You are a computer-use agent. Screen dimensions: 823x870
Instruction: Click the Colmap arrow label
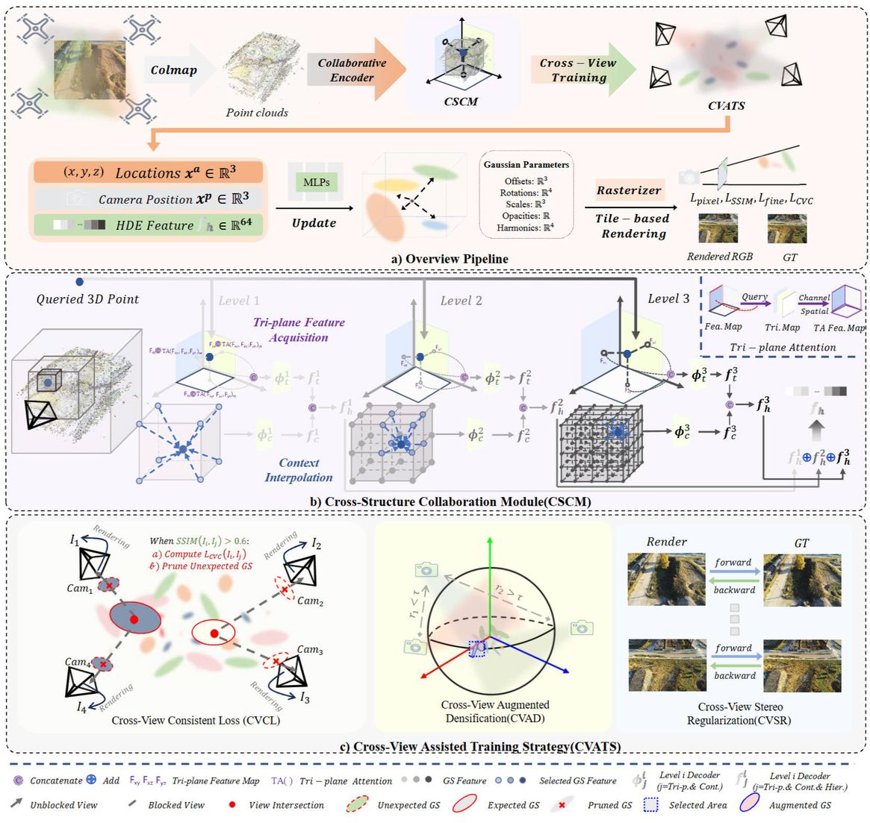point(174,70)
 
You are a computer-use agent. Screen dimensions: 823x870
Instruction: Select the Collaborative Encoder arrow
point(352,70)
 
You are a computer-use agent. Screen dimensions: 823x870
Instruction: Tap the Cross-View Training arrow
point(579,70)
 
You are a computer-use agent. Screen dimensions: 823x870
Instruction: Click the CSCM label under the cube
point(461,101)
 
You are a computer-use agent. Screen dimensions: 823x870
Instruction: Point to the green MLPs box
point(317,182)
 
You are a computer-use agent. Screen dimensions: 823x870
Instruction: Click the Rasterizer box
point(629,190)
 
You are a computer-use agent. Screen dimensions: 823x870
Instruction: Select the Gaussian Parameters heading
point(526,164)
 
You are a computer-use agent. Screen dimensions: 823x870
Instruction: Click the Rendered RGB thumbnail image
point(718,228)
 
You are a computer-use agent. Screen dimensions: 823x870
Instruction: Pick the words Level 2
point(461,301)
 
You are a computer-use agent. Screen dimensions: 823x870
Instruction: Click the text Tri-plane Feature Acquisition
point(299,330)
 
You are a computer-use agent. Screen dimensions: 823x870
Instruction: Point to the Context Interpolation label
point(299,470)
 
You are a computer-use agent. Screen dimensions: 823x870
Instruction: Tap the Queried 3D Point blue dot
point(79,282)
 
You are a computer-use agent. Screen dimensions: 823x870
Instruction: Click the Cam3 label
point(310,649)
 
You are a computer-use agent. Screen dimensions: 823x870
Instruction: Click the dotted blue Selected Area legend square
point(650,805)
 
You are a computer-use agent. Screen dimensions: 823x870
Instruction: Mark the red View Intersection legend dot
point(233,805)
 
